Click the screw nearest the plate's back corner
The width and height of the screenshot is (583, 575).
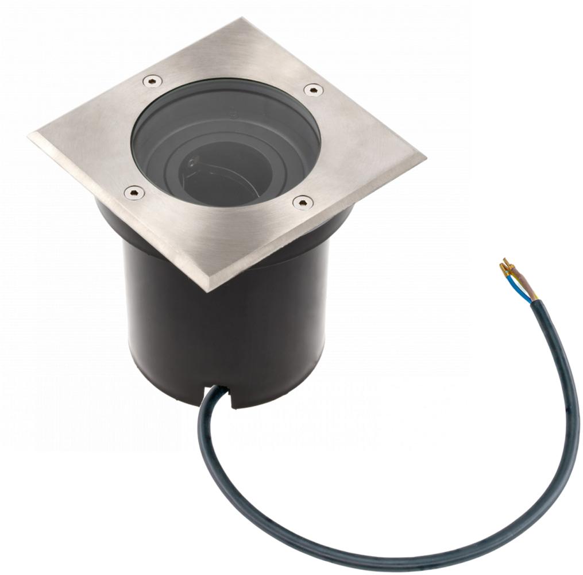pos(152,81)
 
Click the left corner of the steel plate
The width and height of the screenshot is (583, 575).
pos(30,137)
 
